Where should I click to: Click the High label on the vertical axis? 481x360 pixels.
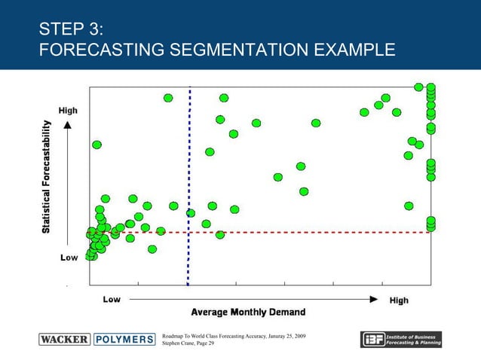coord(68,111)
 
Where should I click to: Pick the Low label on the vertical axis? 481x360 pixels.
coord(68,258)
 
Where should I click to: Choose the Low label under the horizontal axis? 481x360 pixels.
coord(112,300)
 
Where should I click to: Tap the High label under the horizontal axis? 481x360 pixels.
coord(399,300)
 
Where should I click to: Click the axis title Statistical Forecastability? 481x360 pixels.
coord(47,176)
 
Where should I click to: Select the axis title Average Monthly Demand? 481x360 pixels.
coord(248,312)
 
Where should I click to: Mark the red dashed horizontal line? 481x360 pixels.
coord(302,233)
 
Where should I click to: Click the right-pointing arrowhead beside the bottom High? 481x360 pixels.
coord(374,299)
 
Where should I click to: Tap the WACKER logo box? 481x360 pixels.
coord(64,339)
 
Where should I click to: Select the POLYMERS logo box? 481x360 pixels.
coord(124,339)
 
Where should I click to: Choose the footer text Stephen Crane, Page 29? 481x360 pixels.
coord(188,343)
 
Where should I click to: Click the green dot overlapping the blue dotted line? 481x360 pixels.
coord(191,213)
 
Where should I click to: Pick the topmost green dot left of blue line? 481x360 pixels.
coord(168,98)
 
